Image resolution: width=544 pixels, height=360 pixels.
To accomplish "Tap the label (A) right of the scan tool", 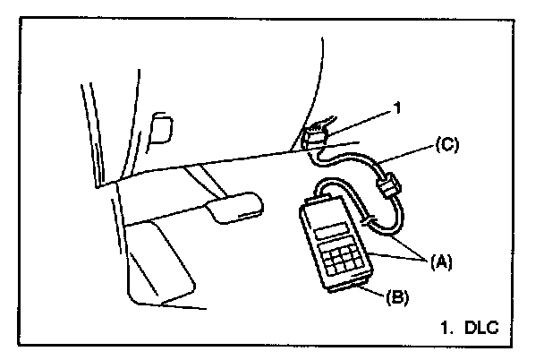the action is [440, 262].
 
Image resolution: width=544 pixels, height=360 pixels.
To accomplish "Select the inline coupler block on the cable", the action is [387, 190].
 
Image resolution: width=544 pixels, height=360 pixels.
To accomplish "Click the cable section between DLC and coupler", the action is [349, 161].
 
